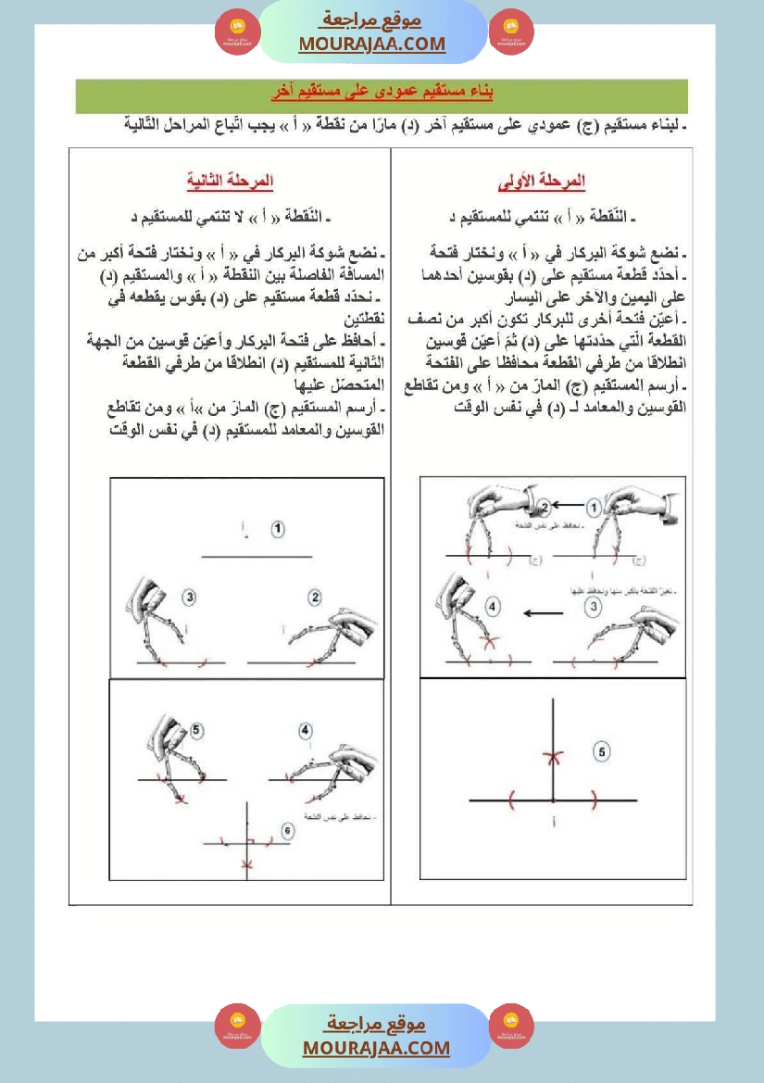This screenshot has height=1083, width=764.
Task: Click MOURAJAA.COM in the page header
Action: (371, 44)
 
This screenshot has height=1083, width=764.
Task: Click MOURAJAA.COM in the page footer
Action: (376, 1048)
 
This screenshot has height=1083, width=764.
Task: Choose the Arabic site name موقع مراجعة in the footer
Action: (377, 1024)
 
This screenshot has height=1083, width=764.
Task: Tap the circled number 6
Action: (287, 832)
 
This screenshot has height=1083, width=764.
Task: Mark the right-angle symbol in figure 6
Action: (251, 840)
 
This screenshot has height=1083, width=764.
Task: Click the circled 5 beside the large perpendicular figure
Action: (602, 752)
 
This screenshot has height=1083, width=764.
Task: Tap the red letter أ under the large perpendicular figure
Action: (553, 822)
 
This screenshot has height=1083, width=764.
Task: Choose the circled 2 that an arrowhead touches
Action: (545, 506)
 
